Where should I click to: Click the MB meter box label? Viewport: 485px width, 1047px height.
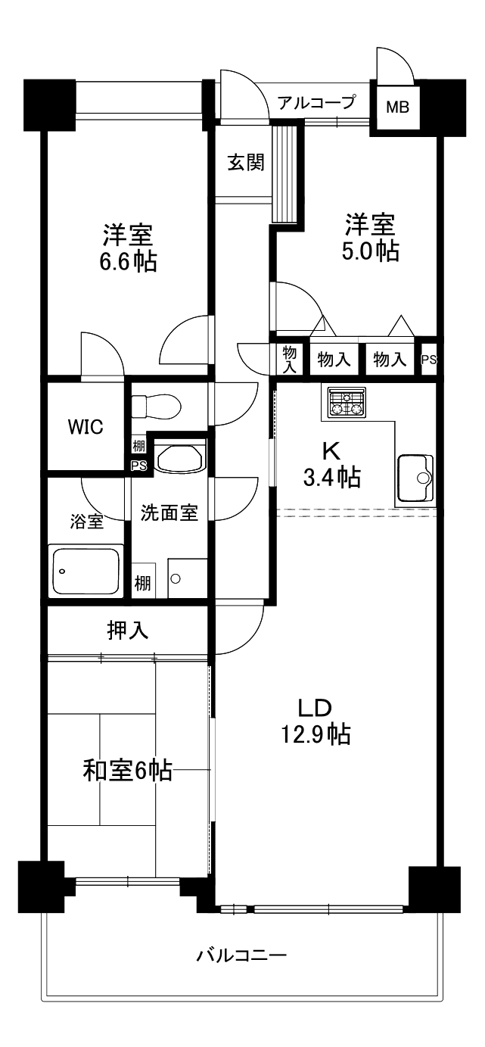[x=397, y=108]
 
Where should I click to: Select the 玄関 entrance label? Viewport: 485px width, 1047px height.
[x=246, y=163]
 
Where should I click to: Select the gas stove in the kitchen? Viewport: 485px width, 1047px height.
[x=347, y=403]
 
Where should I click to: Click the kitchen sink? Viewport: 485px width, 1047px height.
[x=413, y=478]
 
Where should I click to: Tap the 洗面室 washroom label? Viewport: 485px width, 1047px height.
[x=169, y=513]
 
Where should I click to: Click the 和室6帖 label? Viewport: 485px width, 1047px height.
[x=126, y=771]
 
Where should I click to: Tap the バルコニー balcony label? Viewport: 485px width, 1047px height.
[x=242, y=955]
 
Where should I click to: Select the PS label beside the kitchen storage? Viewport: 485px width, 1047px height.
[x=428, y=360]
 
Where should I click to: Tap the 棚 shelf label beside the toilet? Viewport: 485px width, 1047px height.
[x=138, y=446]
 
